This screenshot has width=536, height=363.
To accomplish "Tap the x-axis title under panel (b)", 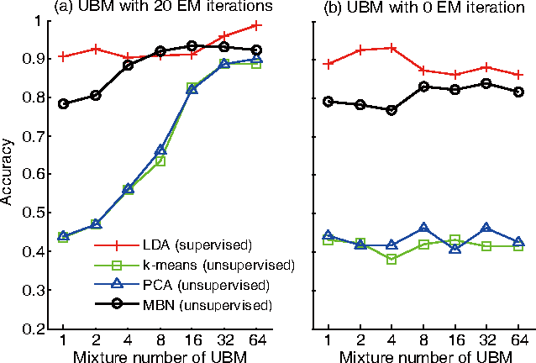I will click(x=423, y=356).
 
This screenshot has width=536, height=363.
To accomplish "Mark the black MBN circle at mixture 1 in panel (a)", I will click(x=63, y=103).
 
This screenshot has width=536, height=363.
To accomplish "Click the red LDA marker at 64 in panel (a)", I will click(x=257, y=25).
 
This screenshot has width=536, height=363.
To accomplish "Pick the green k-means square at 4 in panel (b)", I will click(x=391, y=260).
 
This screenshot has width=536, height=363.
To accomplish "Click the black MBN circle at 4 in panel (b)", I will click(x=391, y=110).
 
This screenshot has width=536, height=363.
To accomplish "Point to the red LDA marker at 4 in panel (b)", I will click(x=391, y=48).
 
